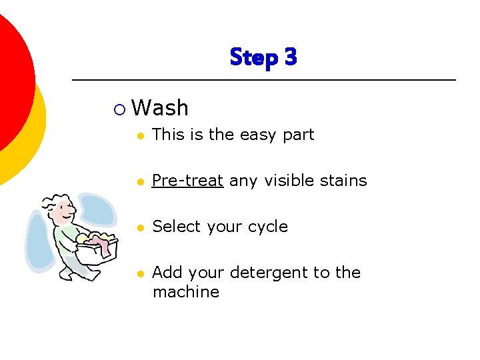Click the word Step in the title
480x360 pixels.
point(253,58)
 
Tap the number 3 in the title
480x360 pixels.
point(290,57)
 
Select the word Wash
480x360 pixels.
point(160,108)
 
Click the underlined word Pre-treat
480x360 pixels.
point(187,181)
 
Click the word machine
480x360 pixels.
point(185,292)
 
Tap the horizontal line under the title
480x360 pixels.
point(263,80)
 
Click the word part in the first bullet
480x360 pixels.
point(298,135)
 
